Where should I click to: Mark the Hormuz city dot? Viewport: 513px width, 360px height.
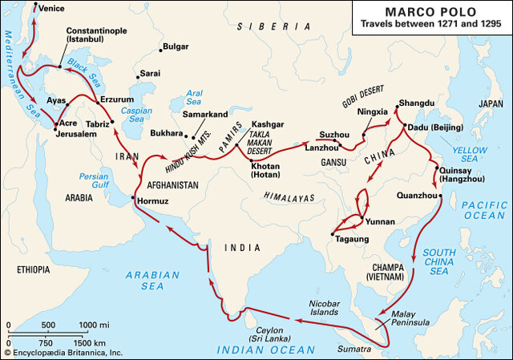[132, 195]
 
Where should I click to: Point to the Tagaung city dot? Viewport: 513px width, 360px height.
[332, 233]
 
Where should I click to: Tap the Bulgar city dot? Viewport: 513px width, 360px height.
[163, 48]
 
